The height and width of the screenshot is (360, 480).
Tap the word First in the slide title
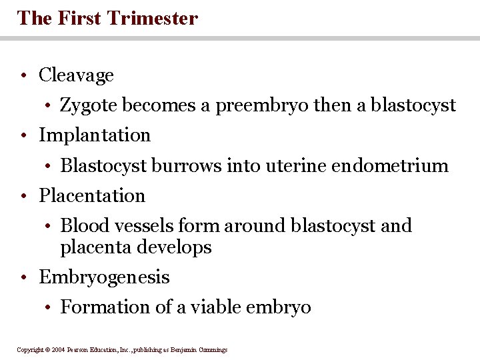click(x=87, y=17)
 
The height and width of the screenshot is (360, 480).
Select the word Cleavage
click(x=76, y=75)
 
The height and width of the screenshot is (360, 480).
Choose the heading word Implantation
click(x=95, y=135)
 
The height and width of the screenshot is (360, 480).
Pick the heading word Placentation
click(x=92, y=196)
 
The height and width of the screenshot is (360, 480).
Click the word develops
click(x=174, y=247)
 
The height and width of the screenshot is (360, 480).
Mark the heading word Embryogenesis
click(x=104, y=277)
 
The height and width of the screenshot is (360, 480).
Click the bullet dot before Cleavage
click(x=23, y=76)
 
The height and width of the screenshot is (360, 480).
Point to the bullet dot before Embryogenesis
click(x=23, y=278)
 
